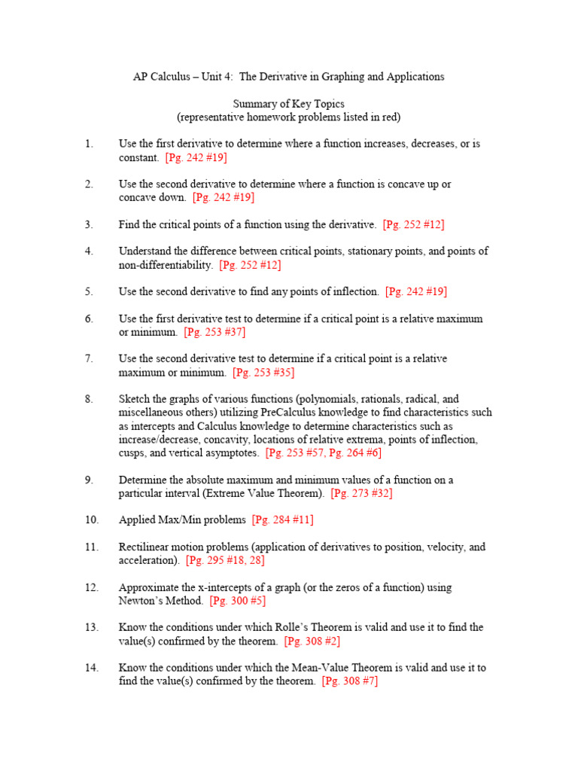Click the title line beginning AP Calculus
point(288,77)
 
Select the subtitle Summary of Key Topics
point(288,103)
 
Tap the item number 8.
point(89,399)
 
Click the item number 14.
point(91,668)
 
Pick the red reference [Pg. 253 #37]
point(214,332)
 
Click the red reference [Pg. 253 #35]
point(263,373)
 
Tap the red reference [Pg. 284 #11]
point(283,520)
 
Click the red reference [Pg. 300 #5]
point(238,601)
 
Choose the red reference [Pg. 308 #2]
point(312,641)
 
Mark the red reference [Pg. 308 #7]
point(349,681)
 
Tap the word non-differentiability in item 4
point(166,265)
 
